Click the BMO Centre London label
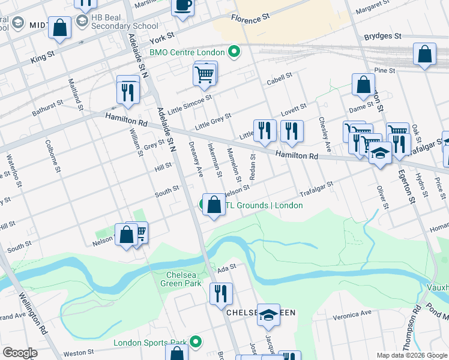tap(187, 52)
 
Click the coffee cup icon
tap(182, 5)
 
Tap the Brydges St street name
tap(382, 37)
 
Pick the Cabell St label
tap(279, 77)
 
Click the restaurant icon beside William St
tap(128, 91)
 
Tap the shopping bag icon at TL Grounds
tap(214, 205)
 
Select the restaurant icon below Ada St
tap(221, 293)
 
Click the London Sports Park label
tap(151, 344)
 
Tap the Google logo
tap(20, 353)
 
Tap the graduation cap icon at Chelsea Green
tap(268, 314)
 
